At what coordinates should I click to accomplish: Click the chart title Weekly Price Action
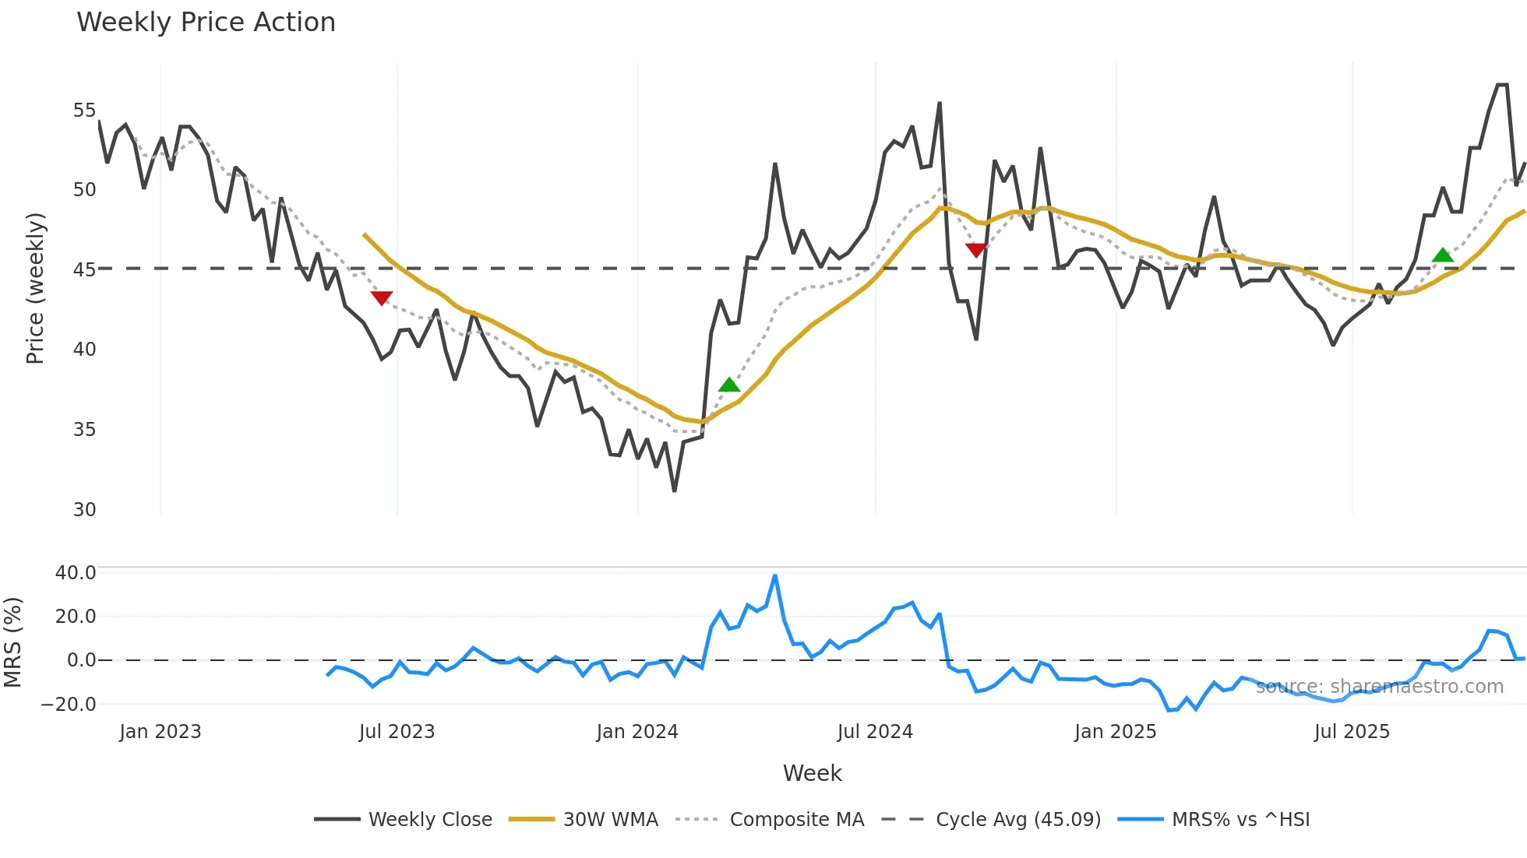(x=206, y=23)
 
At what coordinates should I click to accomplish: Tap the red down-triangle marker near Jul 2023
(x=381, y=297)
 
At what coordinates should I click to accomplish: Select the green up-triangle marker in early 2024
(x=729, y=385)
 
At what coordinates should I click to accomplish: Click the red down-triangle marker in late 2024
(x=975, y=250)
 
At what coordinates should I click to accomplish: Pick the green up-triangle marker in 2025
(x=1443, y=255)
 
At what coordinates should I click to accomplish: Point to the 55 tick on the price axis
(x=84, y=111)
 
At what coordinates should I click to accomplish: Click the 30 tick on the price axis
(x=84, y=509)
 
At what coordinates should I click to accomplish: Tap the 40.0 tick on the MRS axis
(x=76, y=572)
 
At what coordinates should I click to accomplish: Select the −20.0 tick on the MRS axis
(x=69, y=704)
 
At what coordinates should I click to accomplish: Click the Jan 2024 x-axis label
(x=637, y=732)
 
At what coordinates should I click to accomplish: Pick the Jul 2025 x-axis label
(x=1352, y=732)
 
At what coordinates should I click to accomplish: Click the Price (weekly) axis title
(x=35, y=288)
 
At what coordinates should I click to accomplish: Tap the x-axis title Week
(x=812, y=773)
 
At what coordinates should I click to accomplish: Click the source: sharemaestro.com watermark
(x=1379, y=687)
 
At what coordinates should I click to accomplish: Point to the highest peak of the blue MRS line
(x=774, y=576)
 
